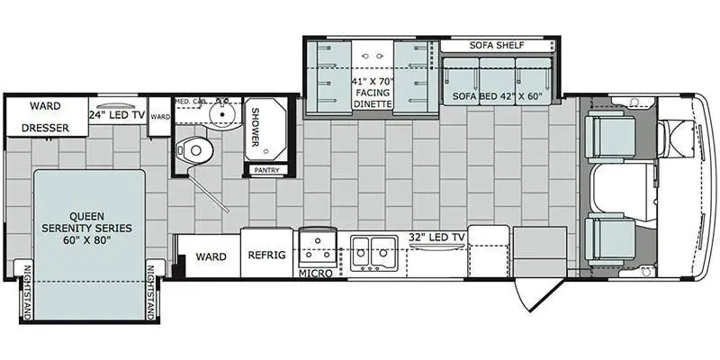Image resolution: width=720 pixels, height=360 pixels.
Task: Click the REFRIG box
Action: pyautogui.click(x=267, y=256)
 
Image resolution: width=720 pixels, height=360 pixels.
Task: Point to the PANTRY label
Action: pyautogui.click(x=266, y=170)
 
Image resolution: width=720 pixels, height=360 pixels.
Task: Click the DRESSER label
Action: pyautogui.click(x=45, y=128)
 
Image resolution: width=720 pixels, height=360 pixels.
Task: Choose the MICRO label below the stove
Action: pyautogui.click(x=316, y=272)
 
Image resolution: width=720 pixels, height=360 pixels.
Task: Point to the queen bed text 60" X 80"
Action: pyautogui.click(x=89, y=241)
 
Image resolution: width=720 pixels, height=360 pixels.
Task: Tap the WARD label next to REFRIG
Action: pyautogui.click(x=211, y=256)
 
